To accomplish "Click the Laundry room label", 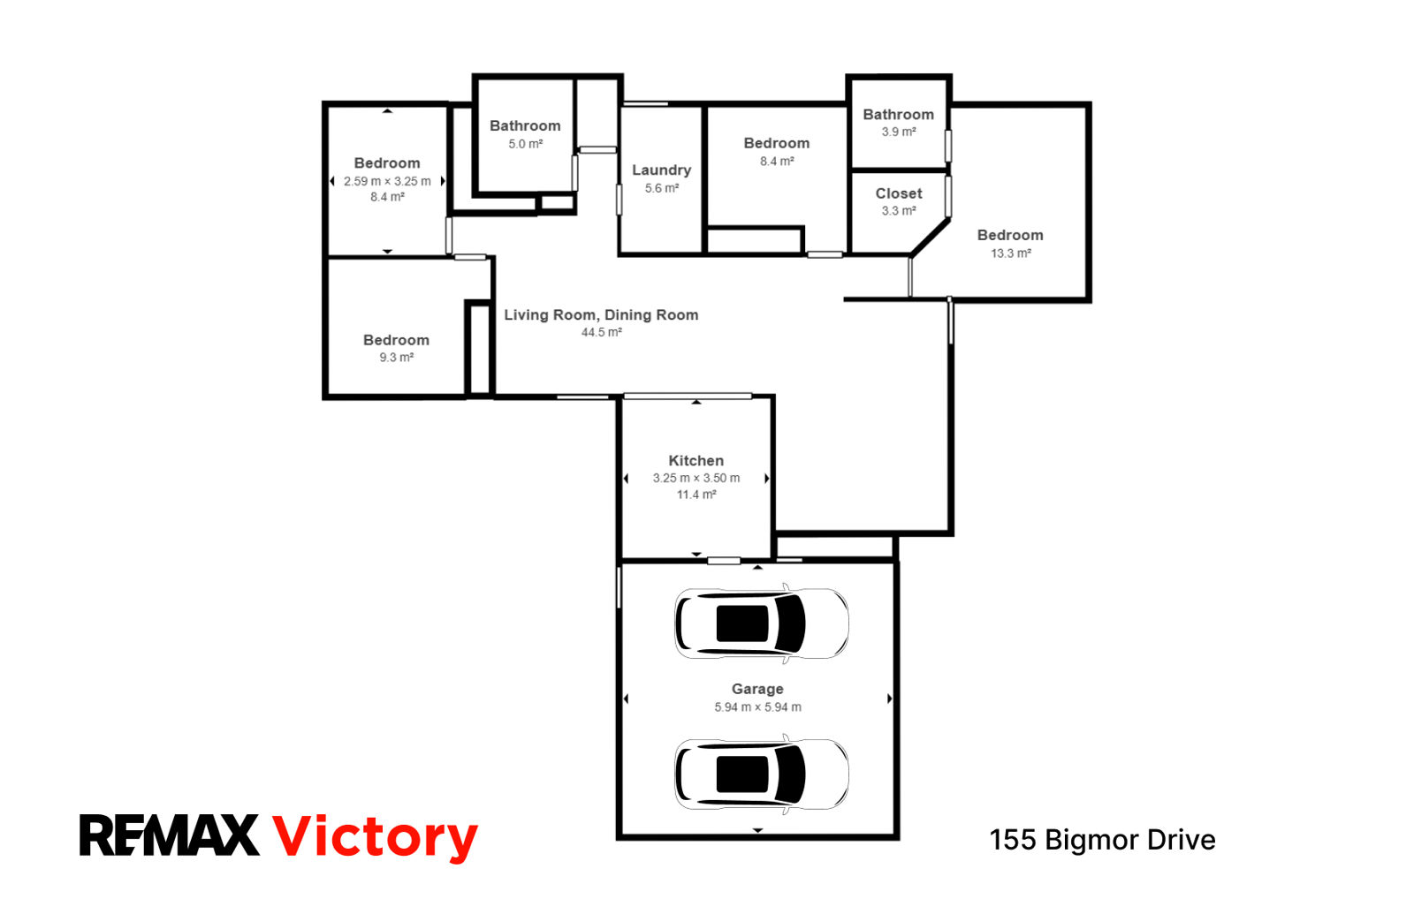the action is click(662, 170).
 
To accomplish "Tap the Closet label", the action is click(898, 193).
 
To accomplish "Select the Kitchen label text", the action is click(696, 460).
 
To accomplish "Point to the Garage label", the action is click(757, 690).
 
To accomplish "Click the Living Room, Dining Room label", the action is click(601, 314).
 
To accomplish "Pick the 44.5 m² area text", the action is click(602, 332).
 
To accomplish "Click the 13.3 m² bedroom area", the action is click(1011, 253).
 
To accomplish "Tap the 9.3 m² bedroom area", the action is click(396, 358).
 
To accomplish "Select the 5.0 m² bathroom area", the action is click(525, 144).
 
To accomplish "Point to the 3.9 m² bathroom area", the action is click(898, 132).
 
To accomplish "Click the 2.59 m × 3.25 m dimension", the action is click(387, 182).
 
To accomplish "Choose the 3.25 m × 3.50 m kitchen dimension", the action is click(696, 478).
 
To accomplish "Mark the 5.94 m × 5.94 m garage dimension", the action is click(757, 707).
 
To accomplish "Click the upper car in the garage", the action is click(761, 623).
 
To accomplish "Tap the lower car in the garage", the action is click(761, 774).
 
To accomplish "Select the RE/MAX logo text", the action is click(169, 835).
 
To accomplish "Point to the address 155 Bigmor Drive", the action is click(1102, 840).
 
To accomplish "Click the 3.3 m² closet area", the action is click(898, 211).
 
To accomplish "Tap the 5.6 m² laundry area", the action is click(662, 188).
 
